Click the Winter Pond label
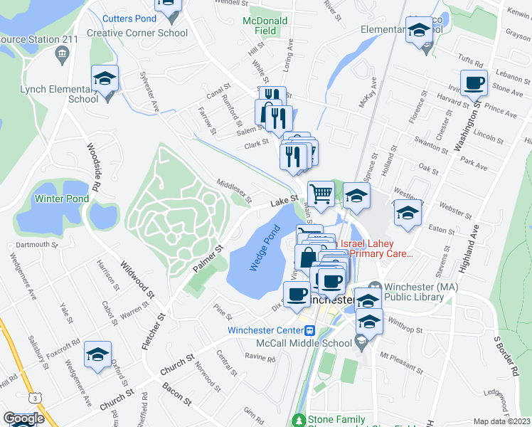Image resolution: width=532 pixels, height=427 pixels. point(62,199)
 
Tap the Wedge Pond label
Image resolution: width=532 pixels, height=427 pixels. point(262,253)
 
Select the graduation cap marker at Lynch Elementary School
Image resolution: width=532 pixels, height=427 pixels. point(105,80)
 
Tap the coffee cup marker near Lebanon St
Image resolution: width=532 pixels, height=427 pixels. point(474,83)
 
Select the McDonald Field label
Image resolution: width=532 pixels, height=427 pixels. point(265,26)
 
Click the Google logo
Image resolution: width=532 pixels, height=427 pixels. point(23,418)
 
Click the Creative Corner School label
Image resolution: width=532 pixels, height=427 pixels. point(137,33)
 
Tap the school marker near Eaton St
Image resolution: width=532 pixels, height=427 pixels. point(408,213)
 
